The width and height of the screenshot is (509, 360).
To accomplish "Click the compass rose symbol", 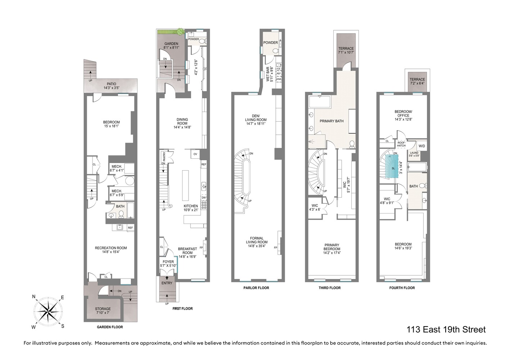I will tap(48, 311).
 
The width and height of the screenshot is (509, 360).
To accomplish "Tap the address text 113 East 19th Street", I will tap(446, 329).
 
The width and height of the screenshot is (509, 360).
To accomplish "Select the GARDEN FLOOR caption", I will tap(110, 327).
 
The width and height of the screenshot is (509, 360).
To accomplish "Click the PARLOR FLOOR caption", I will tap(256, 288).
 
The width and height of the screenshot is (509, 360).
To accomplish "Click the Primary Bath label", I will tap(332, 121).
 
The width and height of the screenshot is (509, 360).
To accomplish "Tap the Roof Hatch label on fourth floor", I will tap(401, 144).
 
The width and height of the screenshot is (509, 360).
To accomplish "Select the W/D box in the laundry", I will tap(422, 146).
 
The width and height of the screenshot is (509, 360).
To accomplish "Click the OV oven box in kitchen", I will tap(195, 154).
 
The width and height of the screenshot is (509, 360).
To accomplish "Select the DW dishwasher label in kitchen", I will tap(204, 198).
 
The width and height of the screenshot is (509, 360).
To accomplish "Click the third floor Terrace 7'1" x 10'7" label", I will tap(346, 50).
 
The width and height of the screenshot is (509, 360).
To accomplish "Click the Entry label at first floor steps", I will tap(167, 283).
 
